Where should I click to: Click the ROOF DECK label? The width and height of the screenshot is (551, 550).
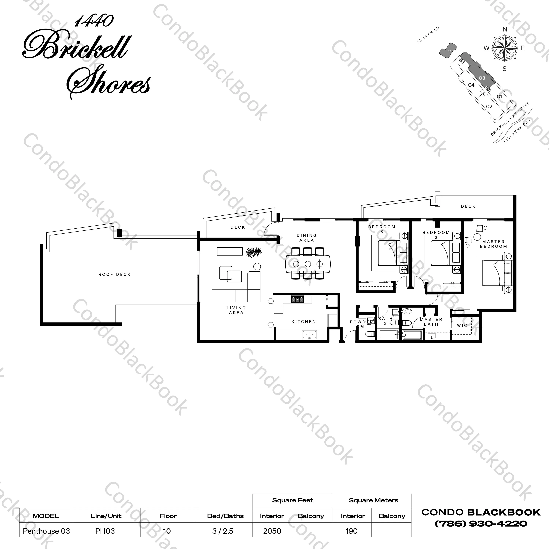(114, 274)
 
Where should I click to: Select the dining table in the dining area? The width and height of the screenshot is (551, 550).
(308, 264)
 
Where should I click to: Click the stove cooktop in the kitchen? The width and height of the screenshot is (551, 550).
(297, 299)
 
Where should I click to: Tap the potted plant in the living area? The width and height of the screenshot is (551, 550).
(254, 252)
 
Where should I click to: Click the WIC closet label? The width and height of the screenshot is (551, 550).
(462, 325)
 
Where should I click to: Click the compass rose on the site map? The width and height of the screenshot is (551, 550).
(505, 49)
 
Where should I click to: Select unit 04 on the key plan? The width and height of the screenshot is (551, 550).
(471, 85)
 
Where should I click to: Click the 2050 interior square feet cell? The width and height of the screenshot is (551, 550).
(272, 531)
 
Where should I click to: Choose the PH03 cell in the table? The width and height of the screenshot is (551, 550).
(105, 531)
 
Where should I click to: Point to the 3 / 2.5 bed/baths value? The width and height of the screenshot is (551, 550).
(223, 531)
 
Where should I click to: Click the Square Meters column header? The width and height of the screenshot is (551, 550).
(373, 500)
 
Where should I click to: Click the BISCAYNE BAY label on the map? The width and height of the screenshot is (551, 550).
(517, 130)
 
